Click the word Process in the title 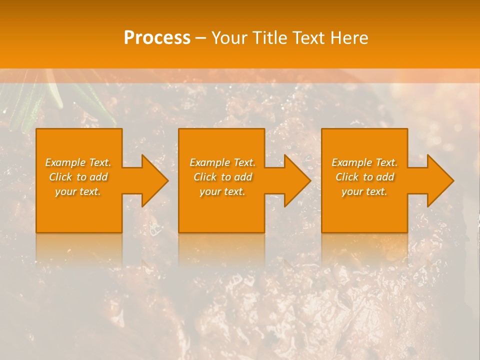coord(157,38)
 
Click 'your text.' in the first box coord(78,191)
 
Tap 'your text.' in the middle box coord(222,191)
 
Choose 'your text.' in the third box coord(364,191)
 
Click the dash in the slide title coord(200,38)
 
